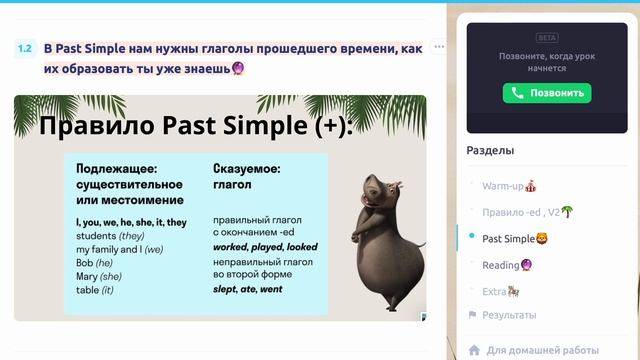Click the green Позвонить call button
point(546,93)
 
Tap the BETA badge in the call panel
point(547,37)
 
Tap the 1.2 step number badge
point(26,48)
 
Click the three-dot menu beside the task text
point(438,48)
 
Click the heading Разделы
point(490,150)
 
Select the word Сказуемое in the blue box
point(246,169)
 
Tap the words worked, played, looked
point(265,246)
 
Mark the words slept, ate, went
point(247,289)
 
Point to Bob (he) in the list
point(95,262)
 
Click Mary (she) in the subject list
point(98,276)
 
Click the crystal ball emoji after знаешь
point(239,69)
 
